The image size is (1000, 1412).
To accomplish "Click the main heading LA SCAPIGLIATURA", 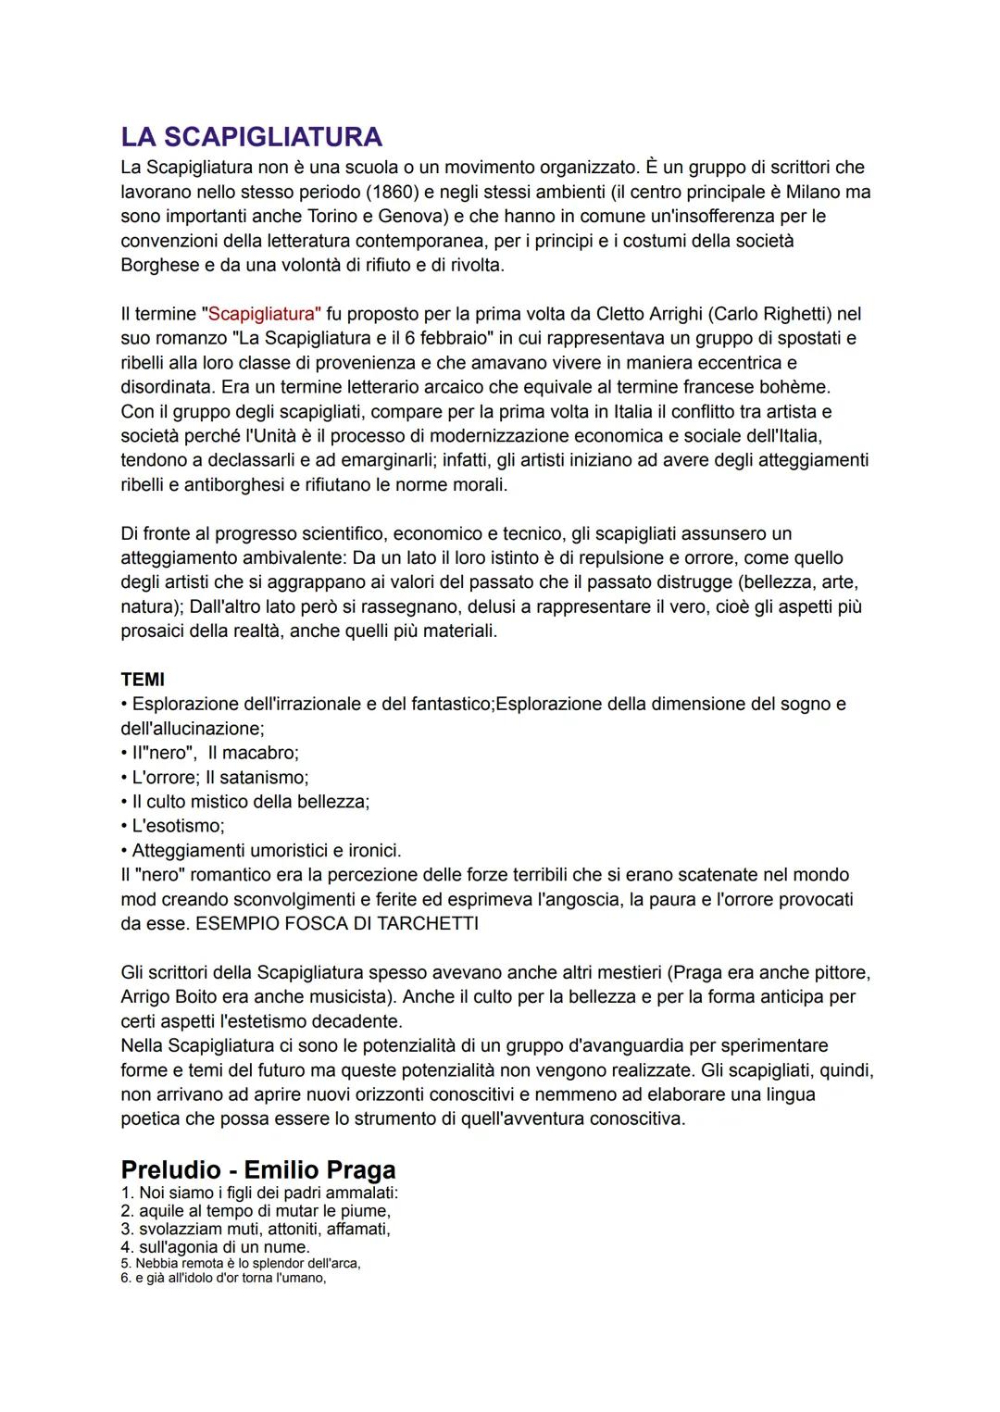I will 251,137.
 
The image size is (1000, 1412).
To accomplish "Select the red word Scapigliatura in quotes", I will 262,314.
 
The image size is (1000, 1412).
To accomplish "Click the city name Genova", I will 405,216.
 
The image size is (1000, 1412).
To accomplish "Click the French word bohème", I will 793,386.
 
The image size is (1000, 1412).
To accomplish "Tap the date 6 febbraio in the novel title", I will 441,338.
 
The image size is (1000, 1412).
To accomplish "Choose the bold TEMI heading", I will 143,680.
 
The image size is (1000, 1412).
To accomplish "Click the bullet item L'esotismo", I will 178,825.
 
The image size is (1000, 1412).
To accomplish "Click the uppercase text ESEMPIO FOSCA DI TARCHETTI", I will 337,923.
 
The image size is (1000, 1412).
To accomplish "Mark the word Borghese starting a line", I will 159,265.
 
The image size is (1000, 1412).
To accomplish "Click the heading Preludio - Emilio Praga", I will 258,1169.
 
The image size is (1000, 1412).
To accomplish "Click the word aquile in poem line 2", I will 162,1210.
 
